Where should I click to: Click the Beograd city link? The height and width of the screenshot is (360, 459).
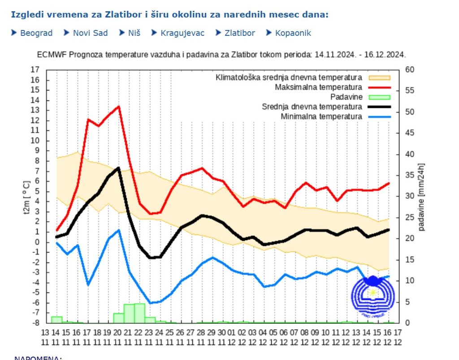(x=36, y=33)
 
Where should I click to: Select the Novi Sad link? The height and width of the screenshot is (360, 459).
(x=90, y=33)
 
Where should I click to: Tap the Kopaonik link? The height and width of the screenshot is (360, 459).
(x=293, y=33)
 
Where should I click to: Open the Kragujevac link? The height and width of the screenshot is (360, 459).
(x=182, y=33)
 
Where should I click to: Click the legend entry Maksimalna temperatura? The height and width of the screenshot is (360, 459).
(x=318, y=87)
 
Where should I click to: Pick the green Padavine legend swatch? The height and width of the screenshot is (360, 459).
(x=379, y=97)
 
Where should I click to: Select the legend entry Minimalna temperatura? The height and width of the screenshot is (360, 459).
(x=321, y=116)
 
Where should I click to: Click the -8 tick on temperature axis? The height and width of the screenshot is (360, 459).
(x=35, y=322)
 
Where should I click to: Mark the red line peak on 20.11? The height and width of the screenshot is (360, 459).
(x=118, y=107)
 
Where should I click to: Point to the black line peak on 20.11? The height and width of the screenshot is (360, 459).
(x=118, y=168)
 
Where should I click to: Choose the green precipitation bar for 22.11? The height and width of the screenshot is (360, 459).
(x=139, y=313)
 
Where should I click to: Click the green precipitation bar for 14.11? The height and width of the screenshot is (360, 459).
(x=56, y=319)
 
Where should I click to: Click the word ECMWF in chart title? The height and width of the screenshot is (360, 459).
(x=50, y=55)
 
